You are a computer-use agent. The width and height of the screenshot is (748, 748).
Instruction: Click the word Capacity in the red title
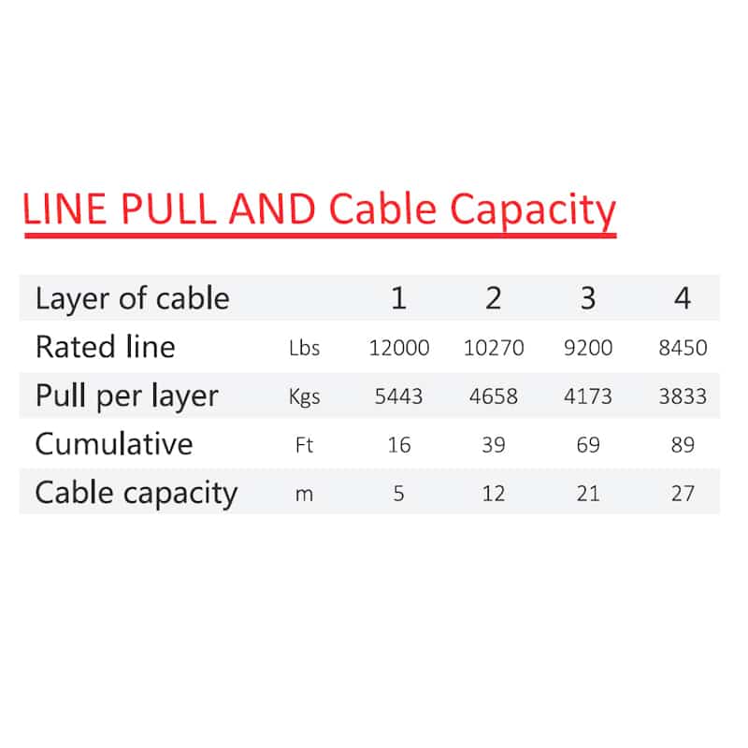point(533,209)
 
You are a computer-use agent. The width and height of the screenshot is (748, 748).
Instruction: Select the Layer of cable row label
point(132,298)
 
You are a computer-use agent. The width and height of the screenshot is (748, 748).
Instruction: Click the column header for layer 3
point(588,298)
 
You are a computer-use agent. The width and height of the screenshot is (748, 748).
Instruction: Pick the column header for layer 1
point(399,298)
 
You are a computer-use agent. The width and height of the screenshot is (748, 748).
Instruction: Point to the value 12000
point(399,348)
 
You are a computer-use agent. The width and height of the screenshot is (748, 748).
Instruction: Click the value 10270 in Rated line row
point(494,348)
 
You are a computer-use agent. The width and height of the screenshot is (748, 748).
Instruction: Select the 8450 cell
point(683,348)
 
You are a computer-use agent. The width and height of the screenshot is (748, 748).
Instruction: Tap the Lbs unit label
point(305,348)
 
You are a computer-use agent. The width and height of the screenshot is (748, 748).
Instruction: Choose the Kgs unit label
point(305,396)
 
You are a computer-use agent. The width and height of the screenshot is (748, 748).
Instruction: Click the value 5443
point(399,396)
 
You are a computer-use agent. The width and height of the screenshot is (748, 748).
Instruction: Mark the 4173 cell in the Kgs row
point(588,396)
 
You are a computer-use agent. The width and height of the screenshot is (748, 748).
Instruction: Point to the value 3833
point(683,396)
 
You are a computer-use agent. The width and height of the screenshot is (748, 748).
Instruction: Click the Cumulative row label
point(114,444)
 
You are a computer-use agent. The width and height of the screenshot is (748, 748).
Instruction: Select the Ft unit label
point(305,445)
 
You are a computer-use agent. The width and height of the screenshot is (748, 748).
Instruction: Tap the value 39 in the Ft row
point(494,445)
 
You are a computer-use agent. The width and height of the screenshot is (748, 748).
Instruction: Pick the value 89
point(683,445)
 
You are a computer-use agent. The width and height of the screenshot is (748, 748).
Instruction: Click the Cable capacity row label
point(136,494)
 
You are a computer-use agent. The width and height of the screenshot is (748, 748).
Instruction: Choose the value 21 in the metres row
point(588,494)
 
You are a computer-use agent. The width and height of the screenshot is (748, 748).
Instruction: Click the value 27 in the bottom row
point(683,494)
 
